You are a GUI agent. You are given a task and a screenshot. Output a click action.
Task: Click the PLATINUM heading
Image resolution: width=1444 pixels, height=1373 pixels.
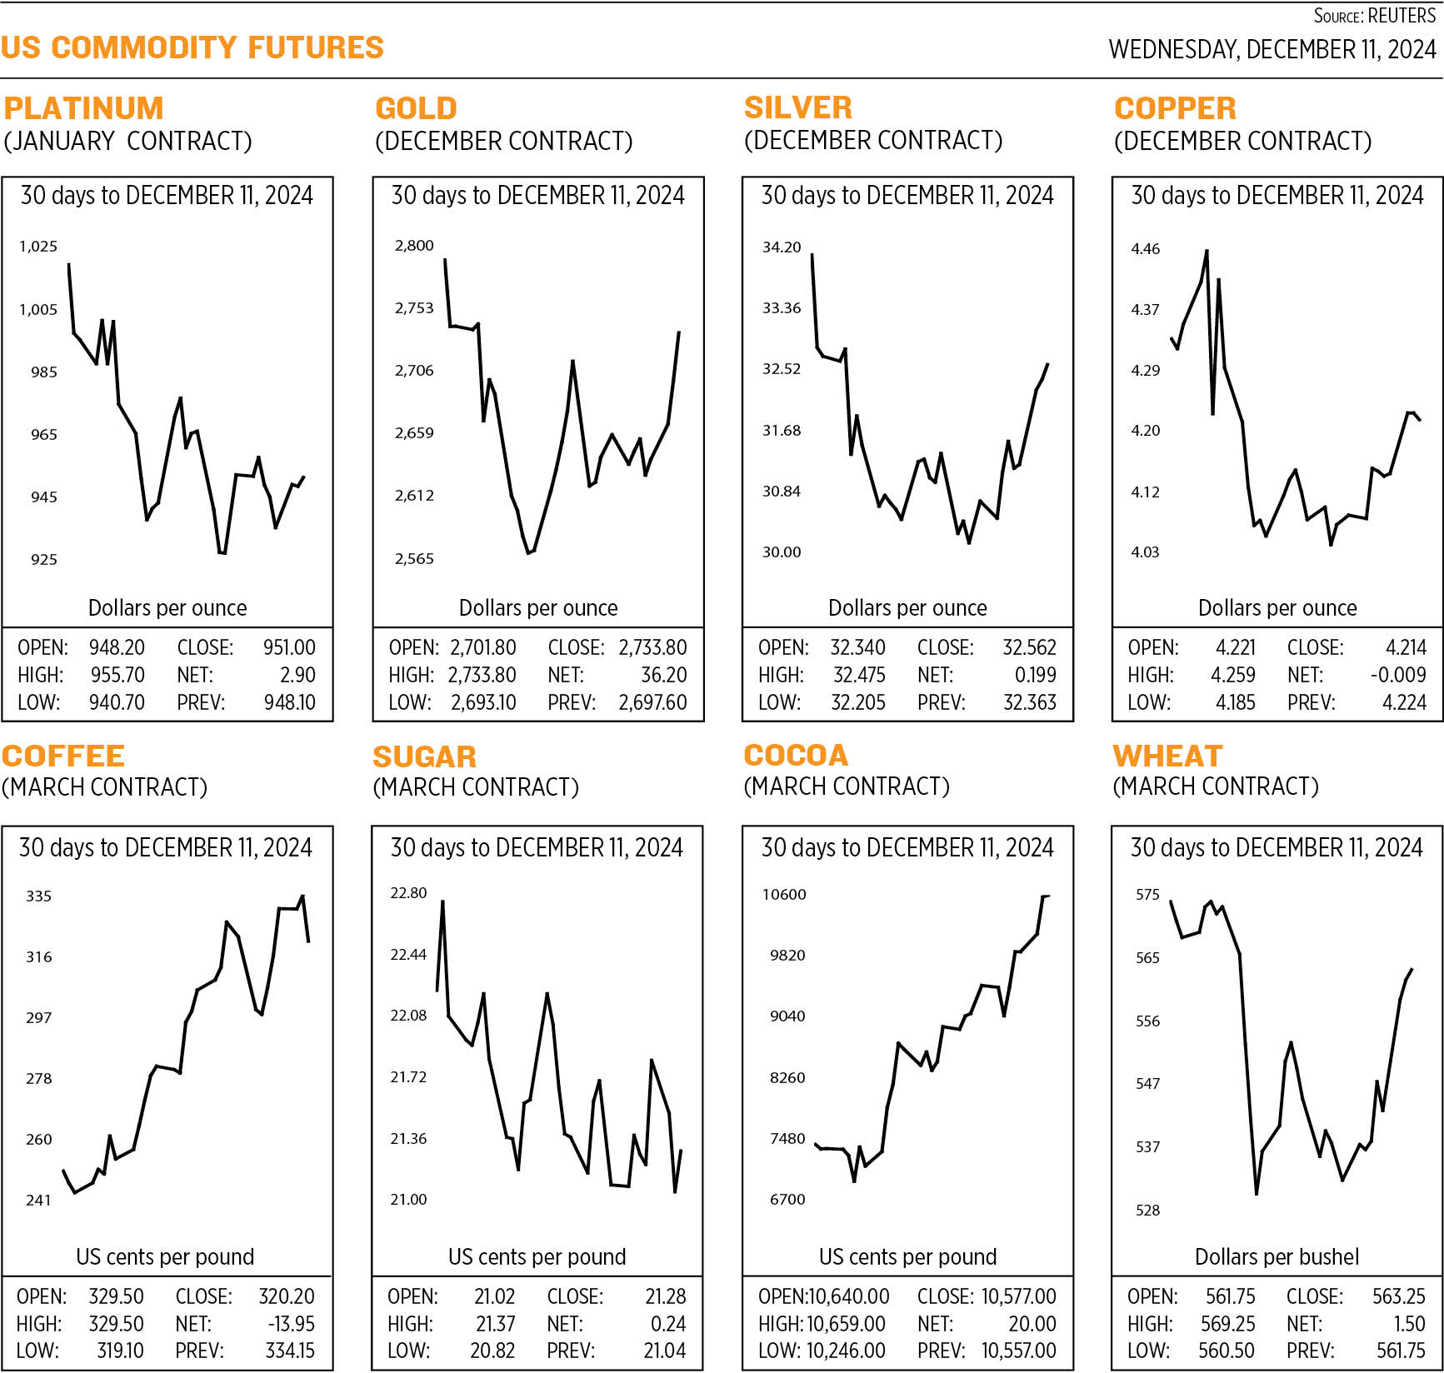click(x=83, y=108)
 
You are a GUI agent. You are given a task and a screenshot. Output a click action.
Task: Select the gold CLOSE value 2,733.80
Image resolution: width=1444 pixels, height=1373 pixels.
click(x=652, y=647)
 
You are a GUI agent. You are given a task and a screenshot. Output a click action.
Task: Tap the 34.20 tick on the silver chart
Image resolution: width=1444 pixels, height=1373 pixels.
click(x=781, y=247)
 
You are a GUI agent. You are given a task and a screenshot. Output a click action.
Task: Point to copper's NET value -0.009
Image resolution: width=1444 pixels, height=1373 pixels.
click(x=1397, y=675)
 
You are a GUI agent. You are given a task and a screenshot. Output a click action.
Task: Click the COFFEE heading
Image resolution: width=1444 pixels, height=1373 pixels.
click(x=63, y=756)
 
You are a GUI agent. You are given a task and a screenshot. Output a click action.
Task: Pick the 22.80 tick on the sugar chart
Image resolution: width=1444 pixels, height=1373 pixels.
click(x=408, y=893)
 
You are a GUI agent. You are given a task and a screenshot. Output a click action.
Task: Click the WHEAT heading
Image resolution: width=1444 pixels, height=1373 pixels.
click(x=1167, y=756)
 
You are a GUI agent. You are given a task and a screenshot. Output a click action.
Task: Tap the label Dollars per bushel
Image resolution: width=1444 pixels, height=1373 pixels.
click(x=1277, y=1256)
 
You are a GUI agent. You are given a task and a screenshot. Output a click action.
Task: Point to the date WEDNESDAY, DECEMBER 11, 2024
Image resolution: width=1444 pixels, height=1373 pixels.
click(x=1272, y=49)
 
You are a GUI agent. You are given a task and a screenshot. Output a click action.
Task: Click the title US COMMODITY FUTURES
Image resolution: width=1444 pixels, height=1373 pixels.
click(x=192, y=47)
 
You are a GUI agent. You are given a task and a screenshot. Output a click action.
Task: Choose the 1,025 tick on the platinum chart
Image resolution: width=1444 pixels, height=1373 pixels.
click(x=38, y=247)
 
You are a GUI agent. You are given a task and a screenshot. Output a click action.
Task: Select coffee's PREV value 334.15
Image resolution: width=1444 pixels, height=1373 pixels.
click(x=290, y=1351)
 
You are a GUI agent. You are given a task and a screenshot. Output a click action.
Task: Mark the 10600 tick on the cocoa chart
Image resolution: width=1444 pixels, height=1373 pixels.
click(x=784, y=895)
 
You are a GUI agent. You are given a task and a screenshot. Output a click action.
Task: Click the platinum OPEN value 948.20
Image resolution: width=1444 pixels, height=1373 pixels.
click(x=117, y=647)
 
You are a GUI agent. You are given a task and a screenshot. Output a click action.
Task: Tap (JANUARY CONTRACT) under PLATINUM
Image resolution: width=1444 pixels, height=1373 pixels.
click(x=127, y=141)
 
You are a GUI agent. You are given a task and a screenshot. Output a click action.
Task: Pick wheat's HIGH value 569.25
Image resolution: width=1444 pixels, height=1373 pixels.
click(x=1227, y=1324)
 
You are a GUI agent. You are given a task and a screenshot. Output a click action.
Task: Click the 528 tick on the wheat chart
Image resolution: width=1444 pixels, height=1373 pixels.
click(x=1147, y=1211)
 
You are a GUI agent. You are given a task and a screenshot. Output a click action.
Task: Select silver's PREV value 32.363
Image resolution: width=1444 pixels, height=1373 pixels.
click(x=1030, y=702)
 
